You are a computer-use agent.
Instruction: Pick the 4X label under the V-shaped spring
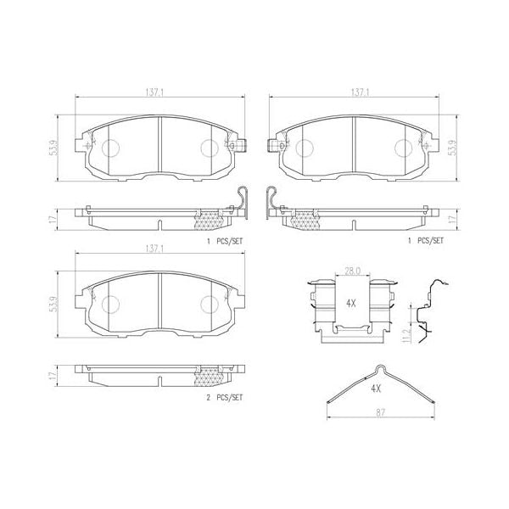(x=377, y=388)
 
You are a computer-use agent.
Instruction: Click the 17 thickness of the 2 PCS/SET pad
(x=52, y=372)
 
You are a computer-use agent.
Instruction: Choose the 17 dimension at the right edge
(x=451, y=218)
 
